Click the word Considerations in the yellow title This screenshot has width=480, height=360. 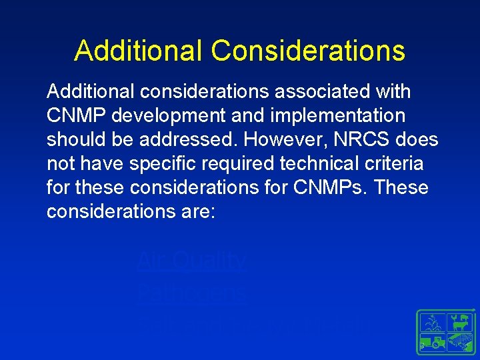[x=307, y=51]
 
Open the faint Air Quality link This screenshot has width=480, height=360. [x=191, y=261]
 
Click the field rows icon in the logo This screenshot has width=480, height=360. [x=459, y=343]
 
